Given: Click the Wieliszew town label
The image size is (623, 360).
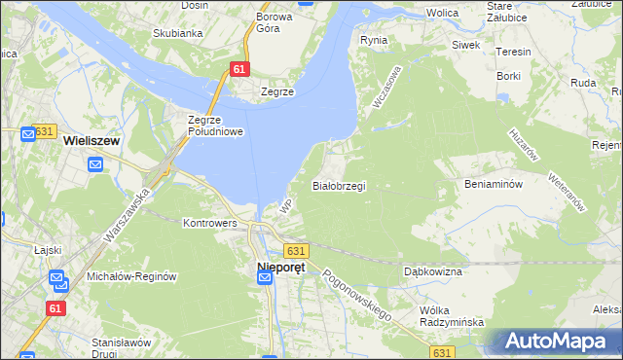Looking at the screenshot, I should pyautogui.click(x=91, y=140).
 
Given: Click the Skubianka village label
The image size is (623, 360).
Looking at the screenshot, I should pyautogui.click(x=177, y=32).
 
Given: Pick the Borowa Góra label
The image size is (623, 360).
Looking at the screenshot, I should pyautogui.click(x=275, y=22).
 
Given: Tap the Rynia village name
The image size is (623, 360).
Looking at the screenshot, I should pyautogui.click(x=374, y=41).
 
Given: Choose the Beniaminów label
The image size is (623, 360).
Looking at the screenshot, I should pyautogui.click(x=495, y=183).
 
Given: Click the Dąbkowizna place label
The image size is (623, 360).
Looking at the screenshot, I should pyautogui.click(x=433, y=271).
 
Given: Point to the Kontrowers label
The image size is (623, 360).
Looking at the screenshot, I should pyautogui.click(x=210, y=222).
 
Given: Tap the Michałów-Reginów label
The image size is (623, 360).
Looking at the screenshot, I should pyautogui.click(x=131, y=275).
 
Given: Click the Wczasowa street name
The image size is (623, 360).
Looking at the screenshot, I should pyautogui.click(x=386, y=87).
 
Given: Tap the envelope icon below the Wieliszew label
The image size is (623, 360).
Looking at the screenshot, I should pyautogui.click(x=95, y=163).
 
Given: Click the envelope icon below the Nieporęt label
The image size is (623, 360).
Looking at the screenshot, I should pyautogui.click(x=265, y=279).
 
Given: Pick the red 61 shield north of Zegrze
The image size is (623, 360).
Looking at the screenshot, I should pyautogui.click(x=240, y=69).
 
